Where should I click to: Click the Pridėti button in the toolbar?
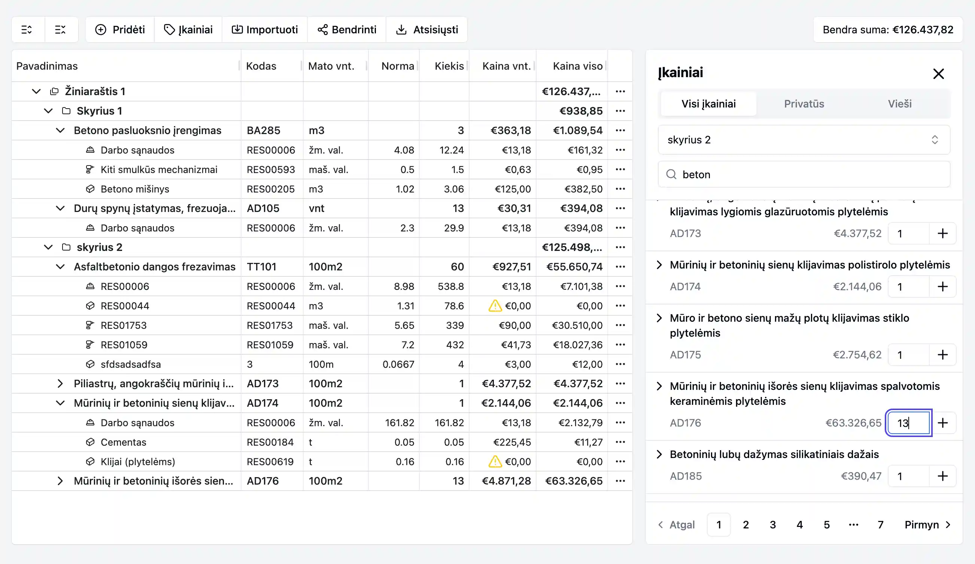pyautogui.click(x=120, y=30)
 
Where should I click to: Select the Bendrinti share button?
pyautogui.click(x=347, y=30)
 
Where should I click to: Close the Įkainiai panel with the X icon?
pyautogui.click(x=938, y=73)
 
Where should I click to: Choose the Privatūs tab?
pyautogui.click(x=804, y=104)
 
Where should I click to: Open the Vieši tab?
pyautogui.click(x=899, y=104)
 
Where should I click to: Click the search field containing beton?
pyautogui.click(x=809, y=175)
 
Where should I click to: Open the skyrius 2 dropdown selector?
pyautogui.click(x=804, y=140)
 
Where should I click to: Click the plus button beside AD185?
pyautogui.click(x=942, y=476)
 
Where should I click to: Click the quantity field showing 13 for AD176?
pyautogui.click(x=908, y=423)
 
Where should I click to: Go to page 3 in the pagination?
pyautogui.click(x=772, y=525)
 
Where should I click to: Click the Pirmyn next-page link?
pyautogui.click(x=927, y=525)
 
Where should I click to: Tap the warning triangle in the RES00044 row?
pyautogui.click(x=495, y=306)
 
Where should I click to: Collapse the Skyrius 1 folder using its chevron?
pyautogui.click(x=48, y=111)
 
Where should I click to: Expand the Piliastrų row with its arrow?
pyautogui.click(x=60, y=383)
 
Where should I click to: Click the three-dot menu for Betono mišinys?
pyautogui.click(x=620, y=189)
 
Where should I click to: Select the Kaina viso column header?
pyautogui.click(x=577, y=66)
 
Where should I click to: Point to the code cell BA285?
pyautogui.click(x=264, y=130)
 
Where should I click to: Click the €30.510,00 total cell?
pyautogui.click(x=577, y=325)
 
